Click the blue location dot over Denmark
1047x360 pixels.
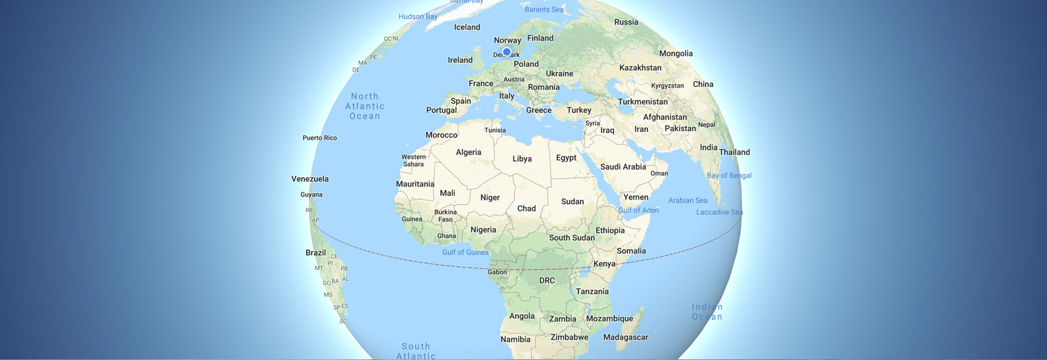pos(506,52)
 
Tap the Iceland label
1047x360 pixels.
pos(467,27)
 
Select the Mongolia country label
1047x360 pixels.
pos(676,54)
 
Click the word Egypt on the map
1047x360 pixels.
pos(566,158)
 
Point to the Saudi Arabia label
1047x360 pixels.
pos(623,167)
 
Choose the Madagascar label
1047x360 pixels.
pos(626,338)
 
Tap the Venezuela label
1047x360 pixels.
pos(310,179)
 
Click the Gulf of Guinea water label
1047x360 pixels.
pos(465,252)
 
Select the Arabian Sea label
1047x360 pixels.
pos(688,200)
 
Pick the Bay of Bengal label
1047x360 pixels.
pos(729,175)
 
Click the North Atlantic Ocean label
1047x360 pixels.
pos(364,106)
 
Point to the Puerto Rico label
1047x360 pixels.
pos(319,138)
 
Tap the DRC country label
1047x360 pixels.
pos(547,280)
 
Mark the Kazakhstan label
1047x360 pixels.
pos(640,68)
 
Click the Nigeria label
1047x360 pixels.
pos(483,230)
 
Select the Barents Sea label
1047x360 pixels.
pos(544,10)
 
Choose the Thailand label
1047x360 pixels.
pos(734,153)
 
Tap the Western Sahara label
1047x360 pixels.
pos(414,160)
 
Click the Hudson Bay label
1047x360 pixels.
pos(417,16)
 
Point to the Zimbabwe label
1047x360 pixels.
pos(569,338)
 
